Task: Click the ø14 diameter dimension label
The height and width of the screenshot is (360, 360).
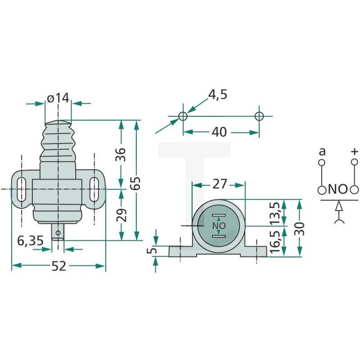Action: tap(58, 98)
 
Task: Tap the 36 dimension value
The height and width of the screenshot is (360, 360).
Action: tap(121, 152)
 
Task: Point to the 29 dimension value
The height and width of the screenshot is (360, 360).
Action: tap(121, 215)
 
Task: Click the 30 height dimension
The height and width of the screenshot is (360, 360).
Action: tap(300, 228)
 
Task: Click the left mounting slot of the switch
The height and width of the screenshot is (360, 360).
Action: tap(20, 191)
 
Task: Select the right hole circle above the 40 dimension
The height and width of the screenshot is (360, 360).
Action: tap(259, 116)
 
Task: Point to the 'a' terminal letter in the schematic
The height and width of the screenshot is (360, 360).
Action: tap(321, 151)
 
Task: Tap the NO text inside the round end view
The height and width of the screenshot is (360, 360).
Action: tap(219, 226)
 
